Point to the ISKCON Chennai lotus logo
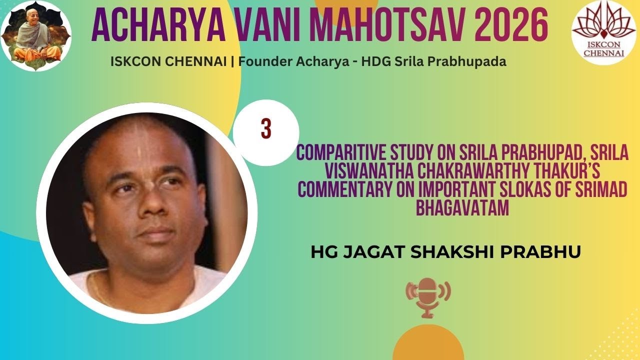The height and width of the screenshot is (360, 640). tap(600, 31)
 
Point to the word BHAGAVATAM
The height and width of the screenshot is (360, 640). tap(462, 208)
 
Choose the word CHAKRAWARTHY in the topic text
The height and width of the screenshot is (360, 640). tap(481, 171)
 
